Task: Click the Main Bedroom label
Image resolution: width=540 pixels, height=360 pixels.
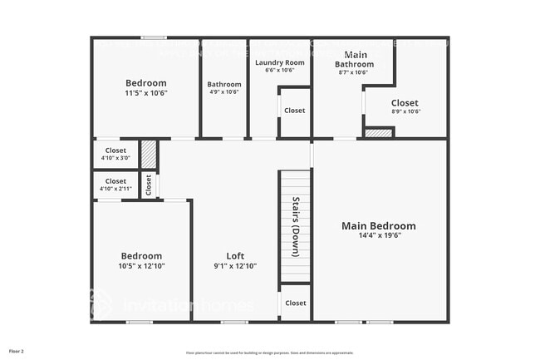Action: [379, 226]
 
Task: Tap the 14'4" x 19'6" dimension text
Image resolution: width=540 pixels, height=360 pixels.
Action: [379, 235]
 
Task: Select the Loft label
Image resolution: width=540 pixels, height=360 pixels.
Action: [235, 256]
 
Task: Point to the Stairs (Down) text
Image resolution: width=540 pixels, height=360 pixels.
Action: [296, 226]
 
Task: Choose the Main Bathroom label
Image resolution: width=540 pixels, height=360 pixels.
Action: [354, 60]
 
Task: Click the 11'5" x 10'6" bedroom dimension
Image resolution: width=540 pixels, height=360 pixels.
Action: [146, 93]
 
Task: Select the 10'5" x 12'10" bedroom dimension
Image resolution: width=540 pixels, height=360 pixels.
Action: [141, 266]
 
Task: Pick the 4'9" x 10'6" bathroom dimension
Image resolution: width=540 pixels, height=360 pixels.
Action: [224, 92]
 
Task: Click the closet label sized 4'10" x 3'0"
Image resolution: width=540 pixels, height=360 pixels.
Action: [115, 150]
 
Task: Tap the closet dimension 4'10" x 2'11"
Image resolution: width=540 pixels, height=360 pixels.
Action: [115, 189]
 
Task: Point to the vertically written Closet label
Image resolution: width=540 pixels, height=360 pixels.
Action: [149, 185]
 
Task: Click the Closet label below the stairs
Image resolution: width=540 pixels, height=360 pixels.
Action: [295, 303]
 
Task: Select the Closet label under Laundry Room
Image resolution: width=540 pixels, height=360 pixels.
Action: [294, 111]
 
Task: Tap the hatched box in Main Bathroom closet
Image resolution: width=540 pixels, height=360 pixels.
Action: [379, 132]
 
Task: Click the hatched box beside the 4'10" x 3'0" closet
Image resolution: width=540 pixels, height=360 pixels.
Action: [148, 155]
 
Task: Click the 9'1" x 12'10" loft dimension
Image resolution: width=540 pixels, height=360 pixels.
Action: [235, 266]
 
